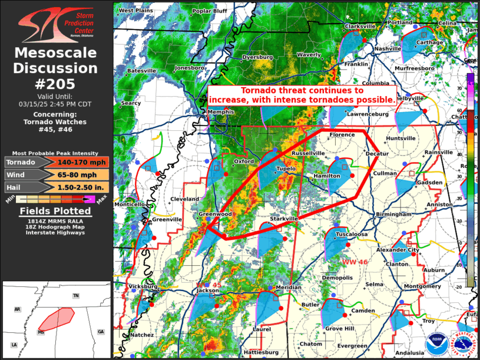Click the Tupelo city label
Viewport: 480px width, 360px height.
(x=286, y=168)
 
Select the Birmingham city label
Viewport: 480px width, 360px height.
(x=394, y=214)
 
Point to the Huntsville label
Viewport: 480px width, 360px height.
(x=400, y=138)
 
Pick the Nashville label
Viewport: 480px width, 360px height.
(x=388, y=48)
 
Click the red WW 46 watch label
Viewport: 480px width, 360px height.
(x=355, y=261)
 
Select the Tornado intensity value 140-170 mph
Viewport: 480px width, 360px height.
(x=81, y=162)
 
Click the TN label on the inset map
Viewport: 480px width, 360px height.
(x=75, y=295)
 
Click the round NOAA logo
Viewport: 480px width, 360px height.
(x=436, y=342)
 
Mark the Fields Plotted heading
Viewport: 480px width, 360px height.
(x=56, y=211)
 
